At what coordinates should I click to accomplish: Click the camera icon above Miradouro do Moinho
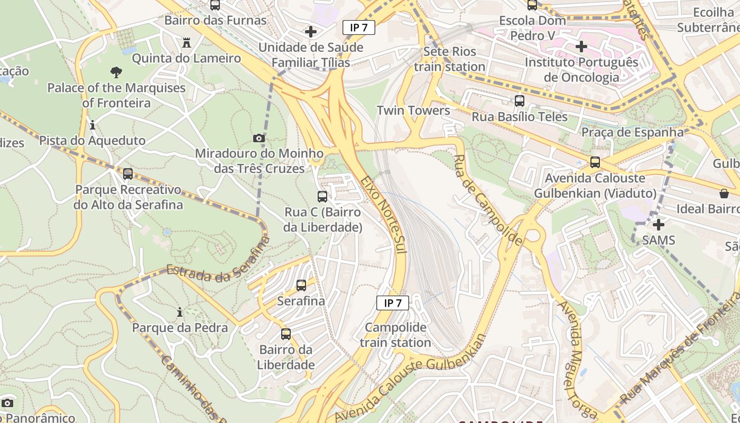click(x=258, y=139)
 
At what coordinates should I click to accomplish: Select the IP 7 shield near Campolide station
click(x=393, y=303)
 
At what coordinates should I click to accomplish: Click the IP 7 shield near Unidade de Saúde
click(x=359, y=27)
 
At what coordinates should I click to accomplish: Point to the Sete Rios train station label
click(x=450, y=59)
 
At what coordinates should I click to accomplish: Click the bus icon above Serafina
click(x=301, y=286)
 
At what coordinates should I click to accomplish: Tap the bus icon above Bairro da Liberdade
click(x=286, y=334)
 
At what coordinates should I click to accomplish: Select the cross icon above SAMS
click(x=659, y=225)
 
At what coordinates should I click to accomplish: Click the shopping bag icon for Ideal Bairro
click(x=724, y=194)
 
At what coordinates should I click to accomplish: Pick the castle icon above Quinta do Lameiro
click(x=187, y=42)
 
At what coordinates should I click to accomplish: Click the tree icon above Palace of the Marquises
click(x=116, y=72)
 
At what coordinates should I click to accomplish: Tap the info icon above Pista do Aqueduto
click(x=92, y=125)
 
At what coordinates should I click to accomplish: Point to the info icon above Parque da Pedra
click(x=180, y=312)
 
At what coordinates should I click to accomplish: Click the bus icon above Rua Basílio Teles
click(x=520, y=101)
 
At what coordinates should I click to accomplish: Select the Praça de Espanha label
click(x=633, y=132)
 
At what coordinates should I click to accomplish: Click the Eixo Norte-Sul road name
click(x=384, y=214)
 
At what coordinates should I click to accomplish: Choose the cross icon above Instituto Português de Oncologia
click(x=581, y=47)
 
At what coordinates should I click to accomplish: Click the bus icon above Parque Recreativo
click(x=128, y=174)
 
